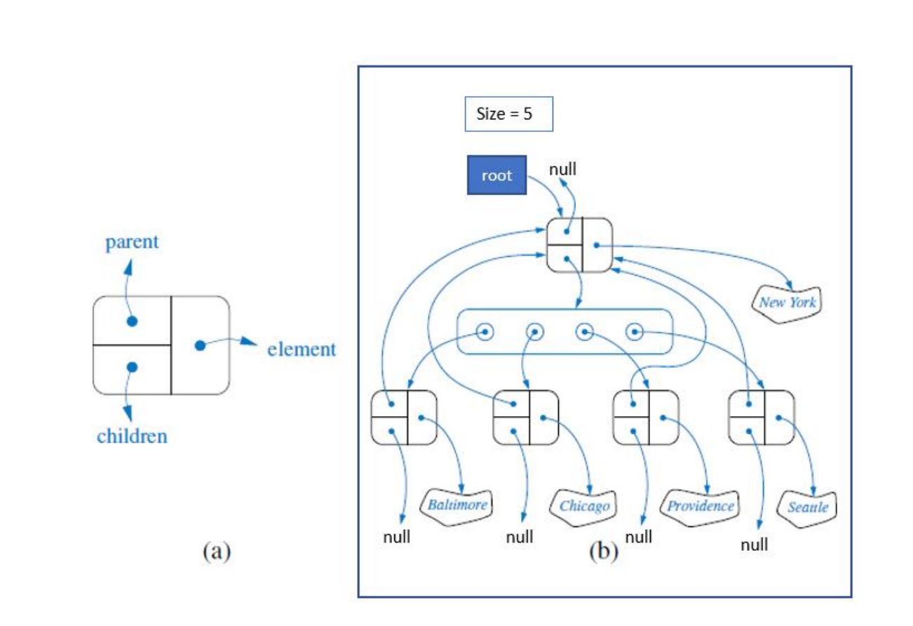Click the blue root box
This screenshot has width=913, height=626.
[x=496, y=175]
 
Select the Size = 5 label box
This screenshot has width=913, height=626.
[x=508, y=114]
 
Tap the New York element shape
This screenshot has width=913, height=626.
[x=787, y=301]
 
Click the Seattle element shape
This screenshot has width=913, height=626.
[x=807, y=506]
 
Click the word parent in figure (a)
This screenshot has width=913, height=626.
[x=132, y=243]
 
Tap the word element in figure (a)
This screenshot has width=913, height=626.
[x=302, y=349]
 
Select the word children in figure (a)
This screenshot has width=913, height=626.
[x=132, y=436]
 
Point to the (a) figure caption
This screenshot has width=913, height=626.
[x=216, y=552]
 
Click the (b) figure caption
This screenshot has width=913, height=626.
[x=604, y=552]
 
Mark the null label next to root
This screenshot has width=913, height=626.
[x=563, y=169]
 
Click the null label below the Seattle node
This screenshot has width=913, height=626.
[x=754, y=544]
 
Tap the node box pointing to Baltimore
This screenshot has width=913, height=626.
[x=403, y=418]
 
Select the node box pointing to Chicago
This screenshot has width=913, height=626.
[x=526, y=418]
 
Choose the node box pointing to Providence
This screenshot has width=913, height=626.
[x=645, y=418]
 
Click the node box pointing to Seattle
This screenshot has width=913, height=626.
[x=762, y=418]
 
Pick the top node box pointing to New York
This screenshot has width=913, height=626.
[x=580, y=245]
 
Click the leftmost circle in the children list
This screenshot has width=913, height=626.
[x=483, y=331]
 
